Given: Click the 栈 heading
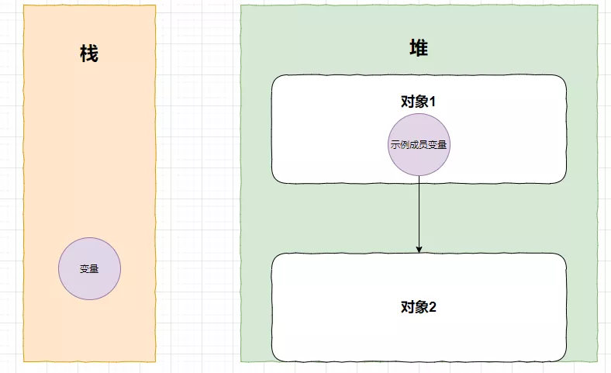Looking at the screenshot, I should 89,54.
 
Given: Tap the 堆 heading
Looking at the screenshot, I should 419,48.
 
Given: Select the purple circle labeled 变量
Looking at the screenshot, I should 89,269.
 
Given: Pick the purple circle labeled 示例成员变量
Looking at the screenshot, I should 419,145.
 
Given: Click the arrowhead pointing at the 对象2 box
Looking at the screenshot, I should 419,249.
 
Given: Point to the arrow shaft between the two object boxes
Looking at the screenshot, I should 419,213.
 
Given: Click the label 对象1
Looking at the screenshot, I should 419,102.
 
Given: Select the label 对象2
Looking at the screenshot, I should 419,306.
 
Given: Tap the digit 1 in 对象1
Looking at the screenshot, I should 433,102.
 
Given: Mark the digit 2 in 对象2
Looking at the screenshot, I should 433,306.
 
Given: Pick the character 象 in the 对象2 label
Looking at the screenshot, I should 420,306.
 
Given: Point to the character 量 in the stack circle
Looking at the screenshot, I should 94,269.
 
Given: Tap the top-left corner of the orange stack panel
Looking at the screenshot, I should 24,6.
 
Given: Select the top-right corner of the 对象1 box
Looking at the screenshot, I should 565,76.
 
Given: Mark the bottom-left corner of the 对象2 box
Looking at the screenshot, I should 272,360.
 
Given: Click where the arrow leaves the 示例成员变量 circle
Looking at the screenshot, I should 419,176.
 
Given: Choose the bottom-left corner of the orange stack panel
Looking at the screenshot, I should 24,361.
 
